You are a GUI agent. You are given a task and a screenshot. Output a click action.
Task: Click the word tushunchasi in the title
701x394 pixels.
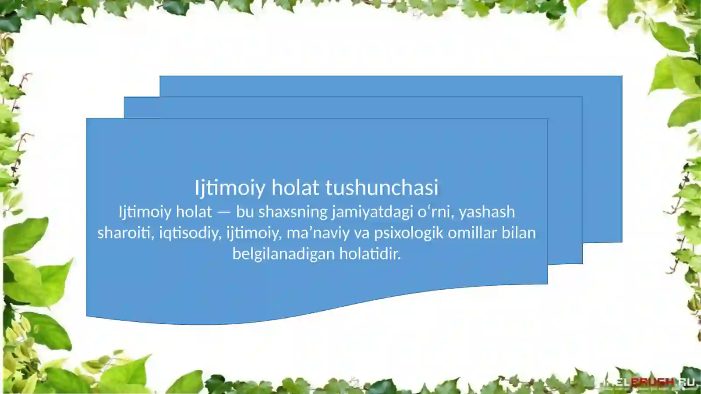(x=381, y=188)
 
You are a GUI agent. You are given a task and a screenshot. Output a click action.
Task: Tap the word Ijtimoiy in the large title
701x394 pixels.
(x=230, y=188)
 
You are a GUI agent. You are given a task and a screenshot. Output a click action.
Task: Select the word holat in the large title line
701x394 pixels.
(x=295, y=188)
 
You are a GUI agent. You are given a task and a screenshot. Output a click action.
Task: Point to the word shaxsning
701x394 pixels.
(x=293, y=212)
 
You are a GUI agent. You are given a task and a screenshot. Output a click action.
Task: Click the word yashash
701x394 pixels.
(x=487, y=212)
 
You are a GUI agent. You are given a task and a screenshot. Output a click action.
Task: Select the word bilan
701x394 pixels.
(x=519, y=233)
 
